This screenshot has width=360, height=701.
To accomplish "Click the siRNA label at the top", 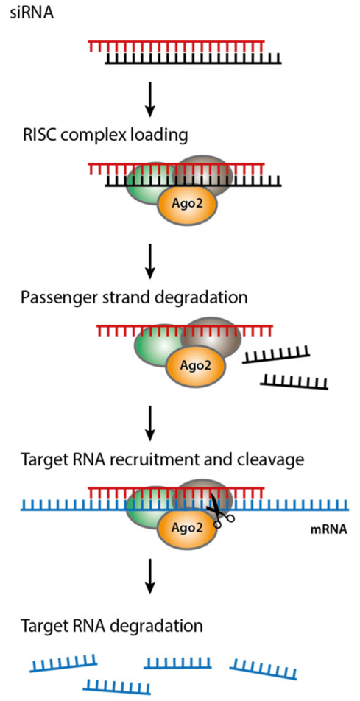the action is tap(32, 14).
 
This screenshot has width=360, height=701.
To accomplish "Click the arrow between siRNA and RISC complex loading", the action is tap(151, 98).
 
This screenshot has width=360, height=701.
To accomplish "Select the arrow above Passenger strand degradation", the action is tap(151, 260).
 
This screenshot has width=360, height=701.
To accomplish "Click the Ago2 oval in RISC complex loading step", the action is tap(188, 204).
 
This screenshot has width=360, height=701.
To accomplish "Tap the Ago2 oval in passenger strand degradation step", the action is tap(195, 367).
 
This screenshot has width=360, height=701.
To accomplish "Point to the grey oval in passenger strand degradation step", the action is tap(211, 340).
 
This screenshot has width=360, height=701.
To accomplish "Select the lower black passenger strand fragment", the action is tap(294, 381).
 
